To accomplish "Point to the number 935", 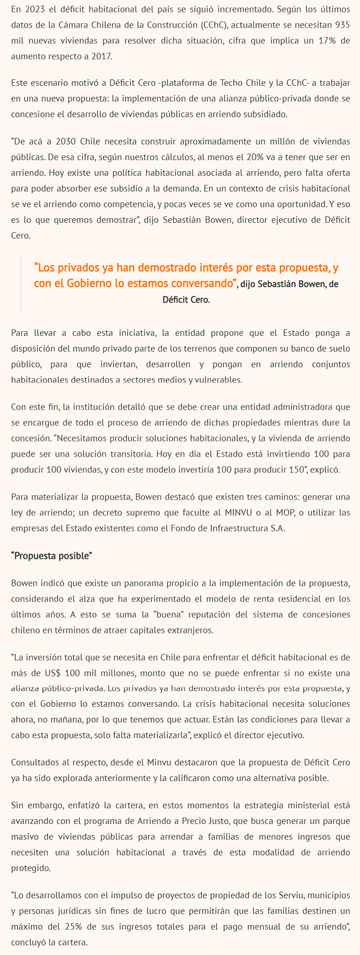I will (x=341, y=25).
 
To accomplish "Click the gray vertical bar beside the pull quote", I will (x=21, y=283).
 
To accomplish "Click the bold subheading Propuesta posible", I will (x=52, y=555).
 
